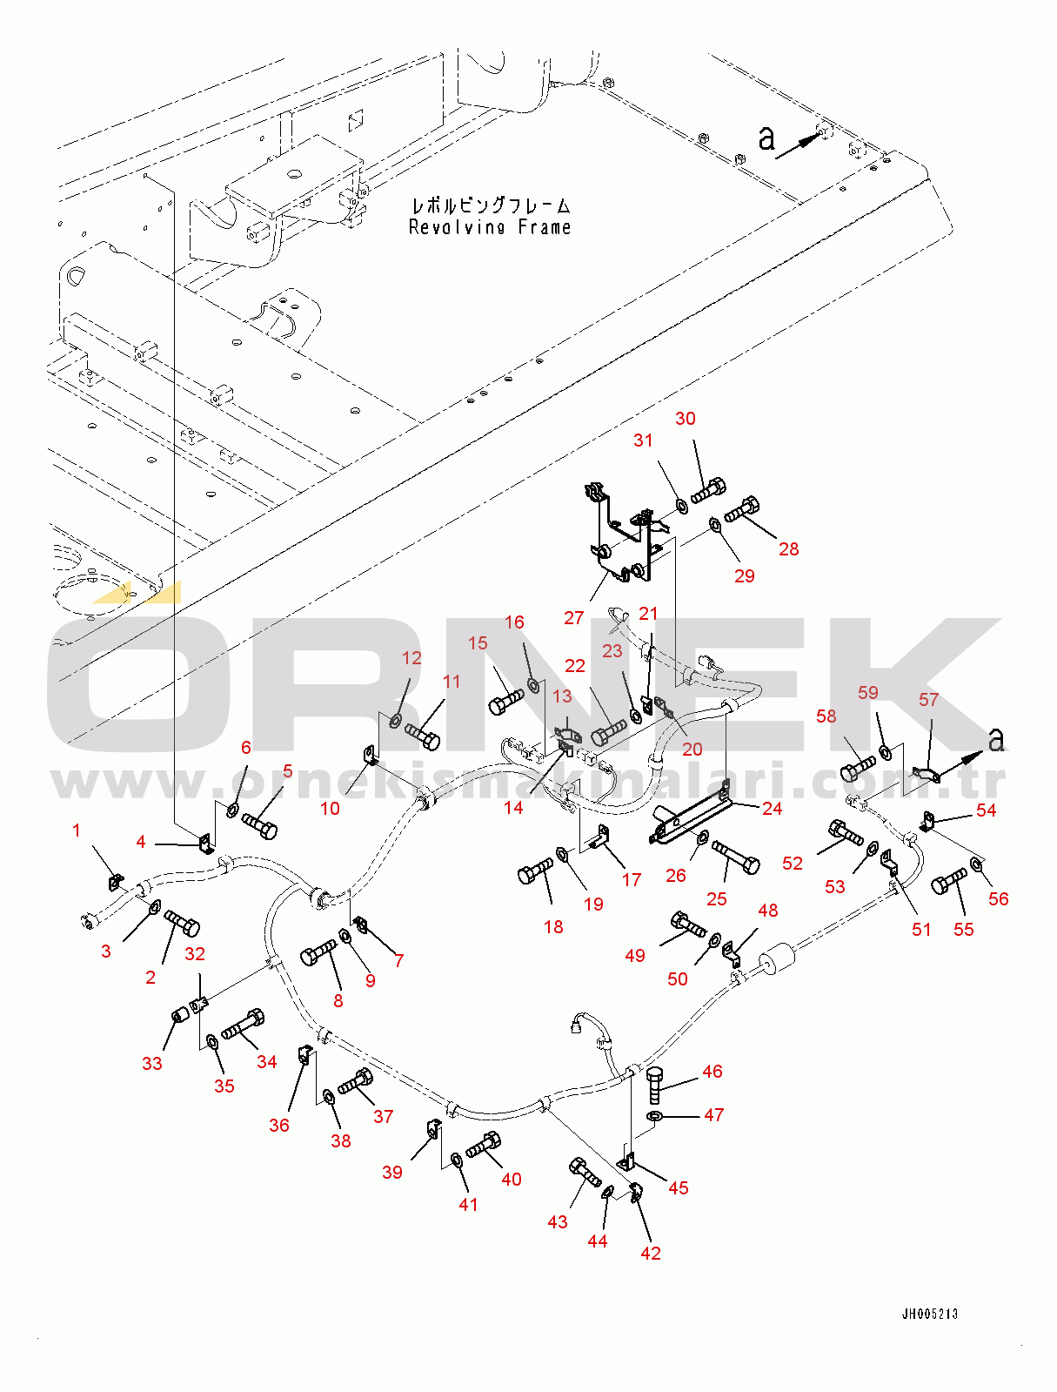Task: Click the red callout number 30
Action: (685, 419)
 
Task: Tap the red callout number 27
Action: (573, 618)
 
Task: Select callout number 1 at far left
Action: (76, 830)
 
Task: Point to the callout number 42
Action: (650, 1253)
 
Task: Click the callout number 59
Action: (867, 692)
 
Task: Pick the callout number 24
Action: (772, 808)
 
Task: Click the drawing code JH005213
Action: (930, 1314)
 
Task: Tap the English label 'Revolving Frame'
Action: (489, 227)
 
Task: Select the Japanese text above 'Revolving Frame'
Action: (491, 205)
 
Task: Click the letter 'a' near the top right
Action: (766, 138)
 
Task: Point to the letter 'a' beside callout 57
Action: (996, 739)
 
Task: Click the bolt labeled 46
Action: (655, 1085)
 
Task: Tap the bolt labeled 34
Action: (243, 1025)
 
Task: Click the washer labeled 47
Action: (654, 1115)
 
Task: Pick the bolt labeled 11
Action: (422, 736)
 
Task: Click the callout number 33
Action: (152, 1063)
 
